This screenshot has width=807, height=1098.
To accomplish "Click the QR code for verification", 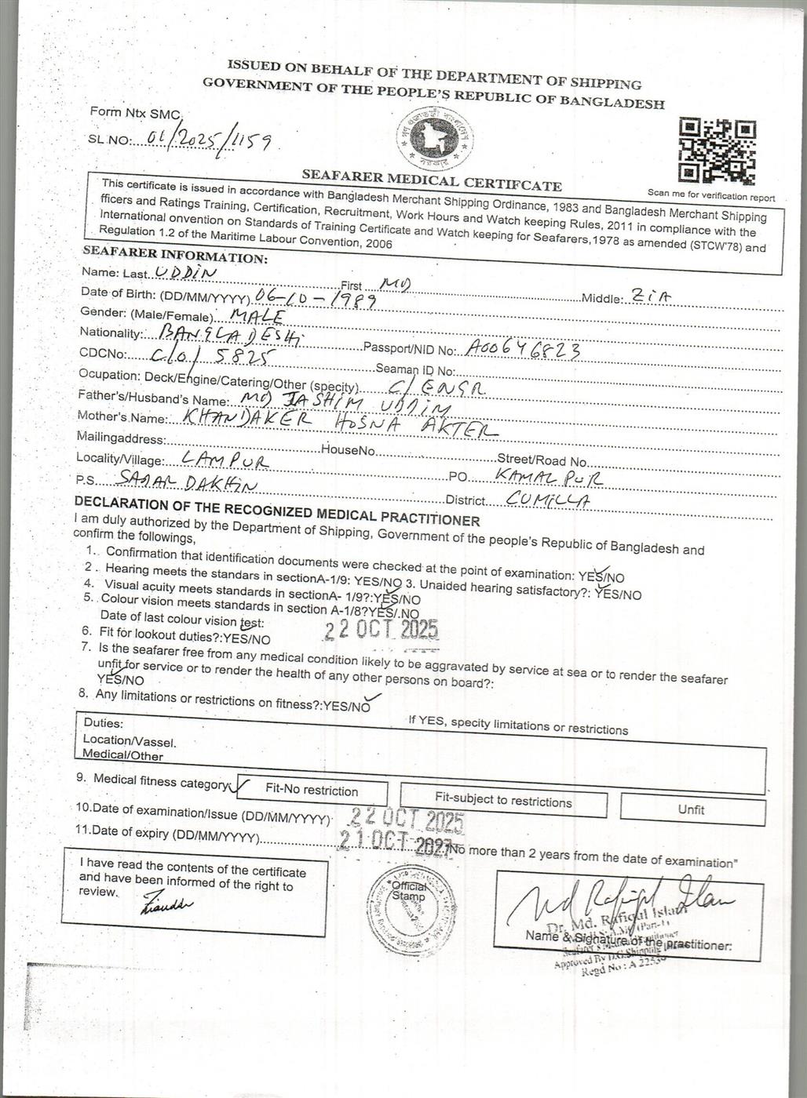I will (x=718, y=151).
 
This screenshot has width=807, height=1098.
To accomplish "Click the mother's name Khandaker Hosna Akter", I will (x=339, y=424).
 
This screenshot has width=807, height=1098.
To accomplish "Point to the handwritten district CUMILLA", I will (x=549, y=499).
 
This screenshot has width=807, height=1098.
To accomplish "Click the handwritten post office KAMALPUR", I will (x=550, y=476).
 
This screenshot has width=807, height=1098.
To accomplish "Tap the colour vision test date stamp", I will (x=382, y=630).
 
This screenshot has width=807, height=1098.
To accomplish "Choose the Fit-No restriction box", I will (x=312, y=791).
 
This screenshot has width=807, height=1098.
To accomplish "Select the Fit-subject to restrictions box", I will (x=503, y=801).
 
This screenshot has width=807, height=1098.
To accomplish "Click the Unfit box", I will (x=692, y=809).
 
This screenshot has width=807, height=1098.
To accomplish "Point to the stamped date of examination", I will (x=407, y=820).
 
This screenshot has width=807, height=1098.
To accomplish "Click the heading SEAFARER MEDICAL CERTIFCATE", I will (x=432, y=181).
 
